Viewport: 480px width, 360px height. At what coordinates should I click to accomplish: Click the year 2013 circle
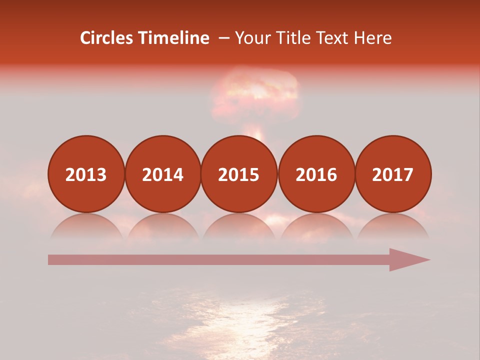click(86, 174)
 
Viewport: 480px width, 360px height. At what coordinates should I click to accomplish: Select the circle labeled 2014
click(162, 174)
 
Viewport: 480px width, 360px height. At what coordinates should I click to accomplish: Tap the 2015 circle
click(239, 174)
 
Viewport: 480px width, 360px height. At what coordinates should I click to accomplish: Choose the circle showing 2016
click(316, 174)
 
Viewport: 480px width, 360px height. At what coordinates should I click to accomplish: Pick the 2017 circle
click(393, 174)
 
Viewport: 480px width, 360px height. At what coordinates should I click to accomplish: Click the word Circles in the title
click(107, 38)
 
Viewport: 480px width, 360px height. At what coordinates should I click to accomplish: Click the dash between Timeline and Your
click(224, 38)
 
